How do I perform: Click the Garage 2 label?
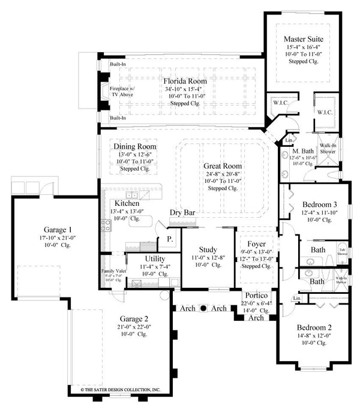[x=133, y=318]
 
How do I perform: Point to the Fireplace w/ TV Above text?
[x=123, y=90]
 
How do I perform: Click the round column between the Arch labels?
[x=203, y=308]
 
